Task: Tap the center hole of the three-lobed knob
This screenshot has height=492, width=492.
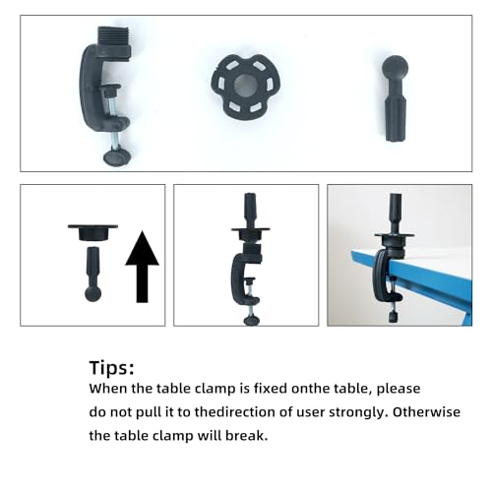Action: (245, 86)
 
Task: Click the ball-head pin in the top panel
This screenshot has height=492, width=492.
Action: (396, 98)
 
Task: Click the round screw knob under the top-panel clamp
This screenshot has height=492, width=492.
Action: (118, 157)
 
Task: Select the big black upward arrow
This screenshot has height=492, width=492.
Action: (142, 267)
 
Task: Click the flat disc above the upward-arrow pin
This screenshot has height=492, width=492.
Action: (92, 232)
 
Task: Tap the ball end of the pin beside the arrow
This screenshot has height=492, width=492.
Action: (92, 293)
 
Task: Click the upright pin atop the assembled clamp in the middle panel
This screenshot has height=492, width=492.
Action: (250, 210)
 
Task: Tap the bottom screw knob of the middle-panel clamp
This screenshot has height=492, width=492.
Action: (252, 321)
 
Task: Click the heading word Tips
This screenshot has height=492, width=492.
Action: (111, 367)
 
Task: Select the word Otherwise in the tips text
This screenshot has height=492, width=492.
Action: (426, 412)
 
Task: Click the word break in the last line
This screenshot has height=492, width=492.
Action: (246, 436)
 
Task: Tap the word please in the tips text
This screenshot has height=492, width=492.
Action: (399, 389)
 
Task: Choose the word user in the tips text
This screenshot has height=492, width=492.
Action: (311, 413)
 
